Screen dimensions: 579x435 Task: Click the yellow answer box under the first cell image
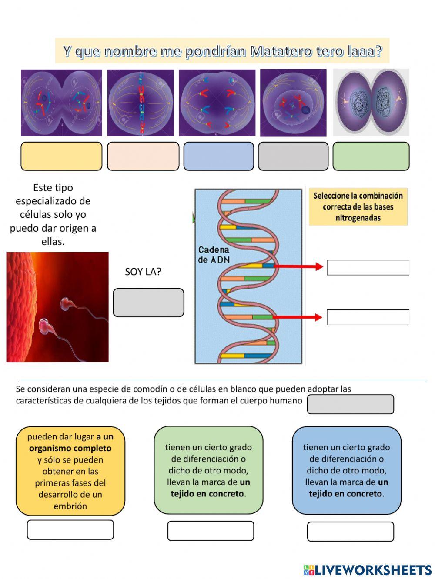(x=61, y=156)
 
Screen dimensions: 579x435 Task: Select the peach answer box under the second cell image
(x=143, y=156)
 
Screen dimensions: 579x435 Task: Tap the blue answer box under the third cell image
(x=218, y=156)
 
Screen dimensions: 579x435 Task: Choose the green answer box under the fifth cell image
(x=371, y=156)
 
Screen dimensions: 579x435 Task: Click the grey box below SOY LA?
(x=148, y=303)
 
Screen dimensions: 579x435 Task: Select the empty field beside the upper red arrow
(x=368, y=267)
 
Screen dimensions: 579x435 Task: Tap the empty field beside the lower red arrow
(x=368, y=317)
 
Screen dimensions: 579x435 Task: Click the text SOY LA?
(x=143, y=272)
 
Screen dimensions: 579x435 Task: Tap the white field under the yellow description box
(x=70, y=529)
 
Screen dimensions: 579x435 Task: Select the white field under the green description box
(x=211, y=531)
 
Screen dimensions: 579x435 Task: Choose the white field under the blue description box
(x=350, y=531)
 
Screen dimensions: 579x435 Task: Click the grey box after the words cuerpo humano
(x=350, y=404)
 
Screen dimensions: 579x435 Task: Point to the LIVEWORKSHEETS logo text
(x=373, y=570)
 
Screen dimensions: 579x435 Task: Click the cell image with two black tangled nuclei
(x=371, y=103)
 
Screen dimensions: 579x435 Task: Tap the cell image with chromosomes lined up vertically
(x=141, y=103)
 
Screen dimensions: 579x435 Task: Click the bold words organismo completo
(x=70, y=448)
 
